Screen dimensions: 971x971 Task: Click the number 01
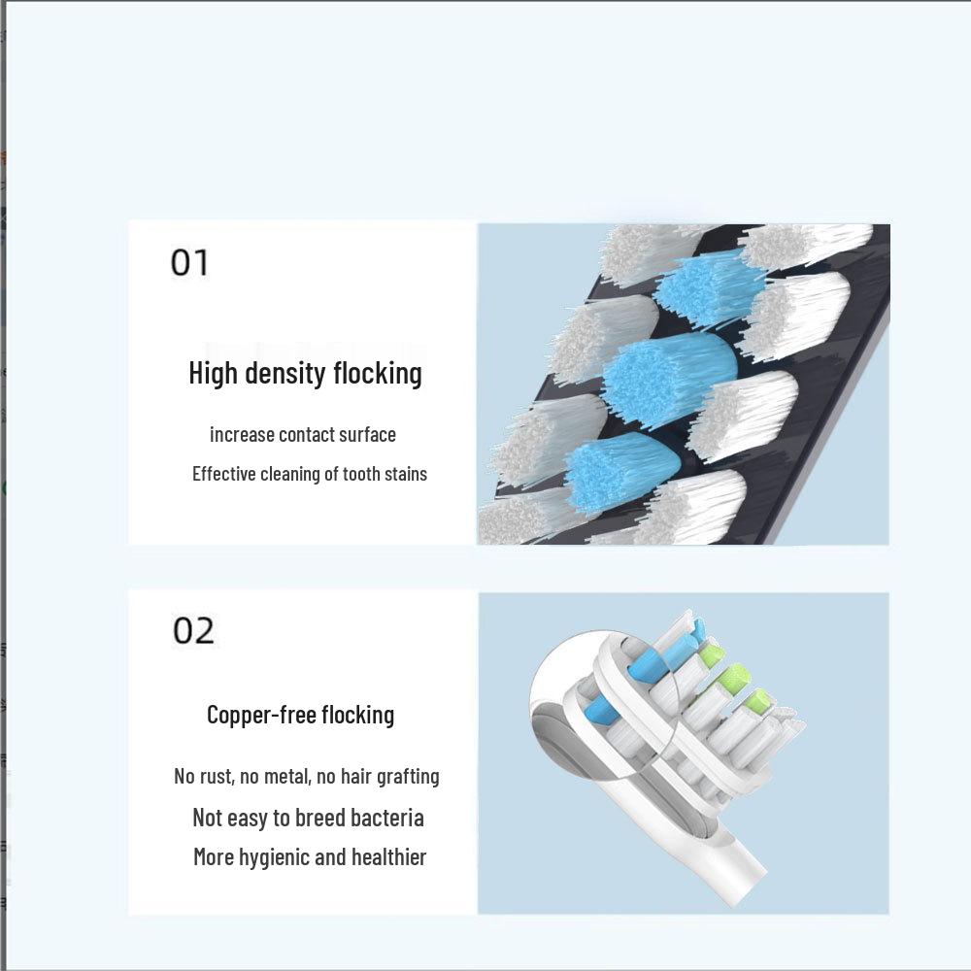point(189,262)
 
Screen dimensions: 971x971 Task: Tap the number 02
point(193,631)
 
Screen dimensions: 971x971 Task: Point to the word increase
point(242,435)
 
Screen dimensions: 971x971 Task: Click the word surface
point(367,435)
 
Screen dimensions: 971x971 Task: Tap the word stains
point(406,475)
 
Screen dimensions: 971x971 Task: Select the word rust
point(218,777)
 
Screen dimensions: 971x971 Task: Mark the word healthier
point(389,857)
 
